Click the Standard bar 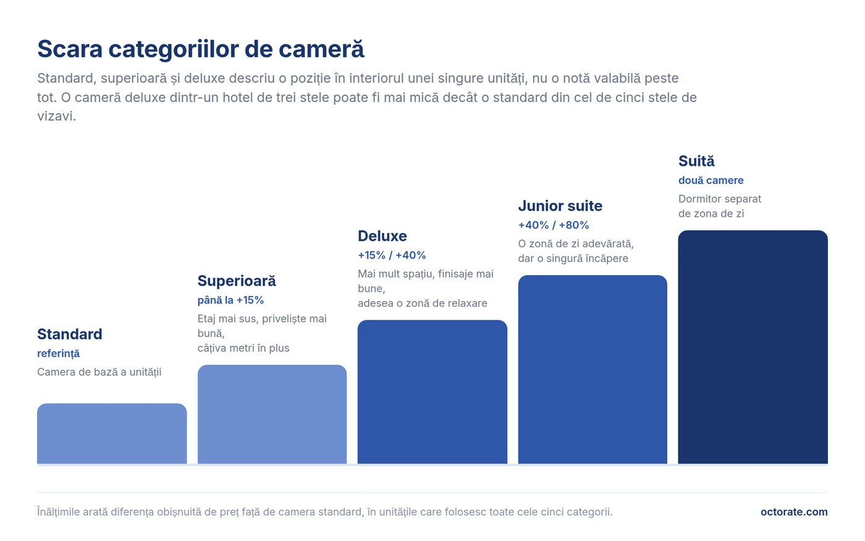click(x=112, y=433)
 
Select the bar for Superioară click(x=272, y=414)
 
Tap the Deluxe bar click(x=432, y=392)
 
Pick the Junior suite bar click(x=593, y=370)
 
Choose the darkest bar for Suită click(x=753, y=347)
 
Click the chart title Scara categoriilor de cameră click(x=201, y=49)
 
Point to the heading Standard click(x=69, y=334)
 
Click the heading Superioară click(x=237, y=281)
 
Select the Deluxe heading click(x=382, y=236)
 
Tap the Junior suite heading click(x=560, y=206)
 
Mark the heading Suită click(x=697, y=161)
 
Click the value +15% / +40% click(x=392, y=255)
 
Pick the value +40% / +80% click(x=554, y=225)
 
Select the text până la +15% click(x=230, y=300)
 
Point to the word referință click(x=58, y=354)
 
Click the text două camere click(x=711, y=181)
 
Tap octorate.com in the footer click(x=794, y=512)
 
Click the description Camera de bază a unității click(x=99, y=372)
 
